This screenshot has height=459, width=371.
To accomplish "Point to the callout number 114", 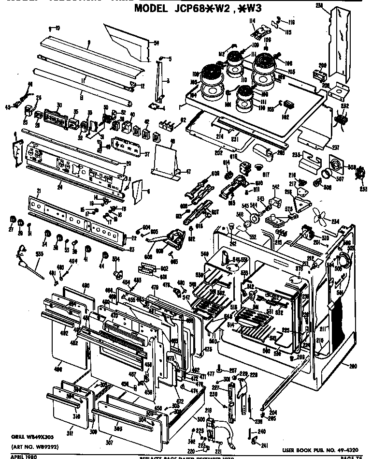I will pyautogui.click(x=251, y=21).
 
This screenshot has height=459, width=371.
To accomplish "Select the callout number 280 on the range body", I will pyautogui.click(x=353, y=366).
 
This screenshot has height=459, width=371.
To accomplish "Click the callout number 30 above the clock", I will pyautogui.click(x=59, y=105).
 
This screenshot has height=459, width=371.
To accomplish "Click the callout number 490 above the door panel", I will pyautogui.click(x=86, y=286).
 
